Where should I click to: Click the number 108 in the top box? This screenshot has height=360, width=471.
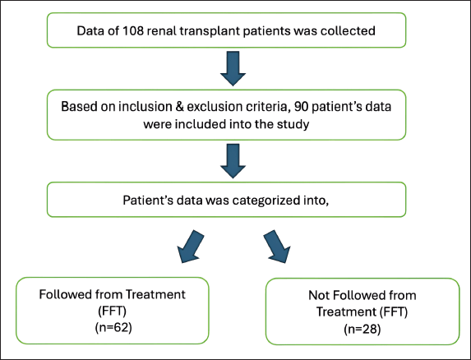click(133, 31)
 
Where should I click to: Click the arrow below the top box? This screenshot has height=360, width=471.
click(233, 68)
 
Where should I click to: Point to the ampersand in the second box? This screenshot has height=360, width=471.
click(179, 107)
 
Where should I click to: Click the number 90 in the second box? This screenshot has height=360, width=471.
click(302, 107)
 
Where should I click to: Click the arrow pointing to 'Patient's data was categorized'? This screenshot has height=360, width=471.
click(233, 161)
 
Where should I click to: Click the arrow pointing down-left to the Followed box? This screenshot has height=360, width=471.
click(190, 247)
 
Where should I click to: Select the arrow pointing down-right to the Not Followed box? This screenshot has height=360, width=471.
click(277, 247)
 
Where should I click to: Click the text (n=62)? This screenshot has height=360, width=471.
click(113, 327)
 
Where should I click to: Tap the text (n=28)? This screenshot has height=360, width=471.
click(362, 329)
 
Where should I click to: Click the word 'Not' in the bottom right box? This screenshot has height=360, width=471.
click(318, 295)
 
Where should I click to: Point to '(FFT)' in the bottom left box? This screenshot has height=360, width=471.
click(113, 311)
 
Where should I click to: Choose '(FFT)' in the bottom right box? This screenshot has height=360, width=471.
click(394, 312)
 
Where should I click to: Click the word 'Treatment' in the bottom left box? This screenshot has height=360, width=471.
click(155, 294)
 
